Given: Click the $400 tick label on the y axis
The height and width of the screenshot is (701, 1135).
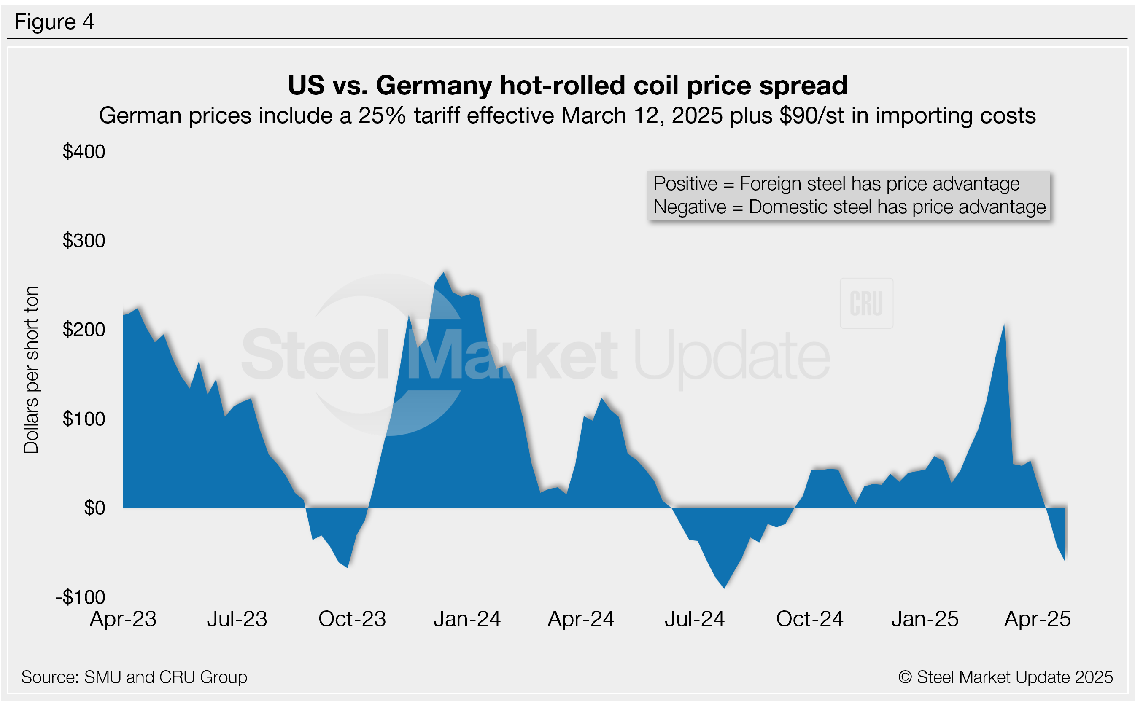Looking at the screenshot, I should tap(84, 152).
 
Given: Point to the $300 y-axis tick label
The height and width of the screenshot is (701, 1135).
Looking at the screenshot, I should tap(84, 241).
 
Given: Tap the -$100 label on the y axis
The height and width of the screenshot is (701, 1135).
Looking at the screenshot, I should tap(81, 597).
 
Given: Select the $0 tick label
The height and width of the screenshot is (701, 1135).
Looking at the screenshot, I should tap(94, 508).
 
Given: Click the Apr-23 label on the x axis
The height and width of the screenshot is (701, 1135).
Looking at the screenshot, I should tap(123, 619).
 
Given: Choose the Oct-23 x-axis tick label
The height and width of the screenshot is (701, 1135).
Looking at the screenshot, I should tap(352, 619).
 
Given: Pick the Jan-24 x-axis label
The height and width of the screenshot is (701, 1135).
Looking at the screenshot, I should tap(467, 619).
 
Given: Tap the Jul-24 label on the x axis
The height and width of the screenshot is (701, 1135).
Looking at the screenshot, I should tap(694, 619).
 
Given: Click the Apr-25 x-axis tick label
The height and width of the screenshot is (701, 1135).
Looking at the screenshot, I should tap(1038, 619).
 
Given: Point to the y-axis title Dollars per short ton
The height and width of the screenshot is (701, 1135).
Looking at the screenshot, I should tap(31, 370).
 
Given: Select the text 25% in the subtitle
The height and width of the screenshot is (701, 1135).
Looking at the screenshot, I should tap(382, 116).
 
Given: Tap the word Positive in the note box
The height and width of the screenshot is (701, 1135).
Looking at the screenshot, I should tap(685, 184).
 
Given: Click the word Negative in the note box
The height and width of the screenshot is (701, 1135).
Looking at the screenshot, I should tap(689, 207).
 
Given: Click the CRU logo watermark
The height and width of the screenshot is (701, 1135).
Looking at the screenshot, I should tap(866, 303).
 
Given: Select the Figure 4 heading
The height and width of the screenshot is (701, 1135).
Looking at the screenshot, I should tap(54, 22).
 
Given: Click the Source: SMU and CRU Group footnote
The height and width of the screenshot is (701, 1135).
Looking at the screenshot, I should tap(134, 677).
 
